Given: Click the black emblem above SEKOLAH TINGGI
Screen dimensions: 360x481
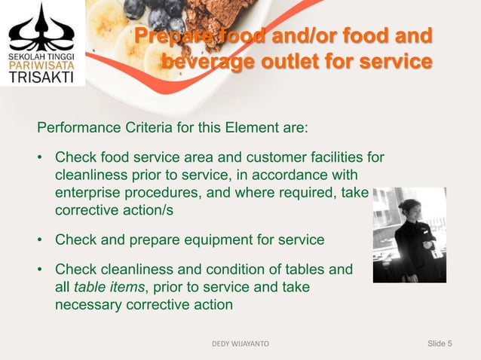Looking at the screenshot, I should click(41, 29).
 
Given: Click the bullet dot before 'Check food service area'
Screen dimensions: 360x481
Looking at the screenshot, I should click(40, 158).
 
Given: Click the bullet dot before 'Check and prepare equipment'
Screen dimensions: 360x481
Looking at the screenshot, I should click(40, 240).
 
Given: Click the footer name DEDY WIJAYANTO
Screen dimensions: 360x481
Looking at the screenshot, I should click(240, 344).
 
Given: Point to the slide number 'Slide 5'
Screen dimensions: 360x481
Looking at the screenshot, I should click(440, 344).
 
